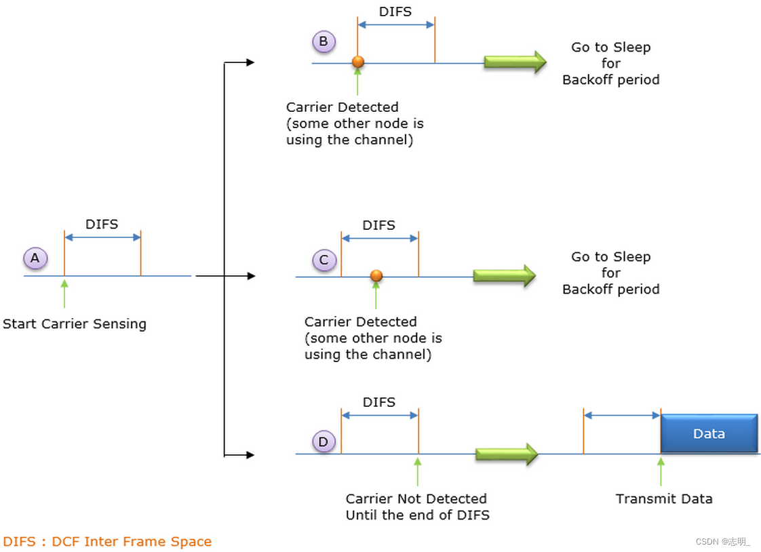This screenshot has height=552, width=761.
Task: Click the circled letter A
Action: [x=35, y=258]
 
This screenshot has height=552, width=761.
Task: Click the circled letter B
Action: [x=324, y=42]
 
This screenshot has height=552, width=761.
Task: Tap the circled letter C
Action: [x=324, y=260]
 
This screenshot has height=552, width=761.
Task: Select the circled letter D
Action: [x=324, y=442]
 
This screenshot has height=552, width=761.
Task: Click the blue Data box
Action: [x=709, y=433]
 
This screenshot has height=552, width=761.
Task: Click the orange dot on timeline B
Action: [x=358, y=62]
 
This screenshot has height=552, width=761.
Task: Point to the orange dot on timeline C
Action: [x=376, y=275]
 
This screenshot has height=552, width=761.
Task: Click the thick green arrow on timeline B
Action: [x=515, y=62]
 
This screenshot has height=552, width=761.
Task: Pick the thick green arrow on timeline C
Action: [x=504, y=275]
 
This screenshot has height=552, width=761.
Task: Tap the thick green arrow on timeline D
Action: [x=506, y=454]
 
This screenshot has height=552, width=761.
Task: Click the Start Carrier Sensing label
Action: [x=75, y=323]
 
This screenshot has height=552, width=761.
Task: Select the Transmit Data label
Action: [x=663, y=498]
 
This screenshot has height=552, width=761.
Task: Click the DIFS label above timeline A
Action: [x=102, y=224]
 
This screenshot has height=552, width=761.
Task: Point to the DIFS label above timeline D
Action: [x=378, y=402]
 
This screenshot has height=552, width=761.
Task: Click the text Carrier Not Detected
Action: [x=416, y=498]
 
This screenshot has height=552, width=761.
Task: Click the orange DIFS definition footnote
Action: [x=107, y=541]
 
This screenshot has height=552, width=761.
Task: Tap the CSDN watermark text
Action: [x=723, y=541]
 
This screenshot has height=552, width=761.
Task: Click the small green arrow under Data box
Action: [x=661, y=471]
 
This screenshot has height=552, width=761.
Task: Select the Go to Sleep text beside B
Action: [x=610, y=47]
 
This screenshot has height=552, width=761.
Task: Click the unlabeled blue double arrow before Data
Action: [x=622, y=415]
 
